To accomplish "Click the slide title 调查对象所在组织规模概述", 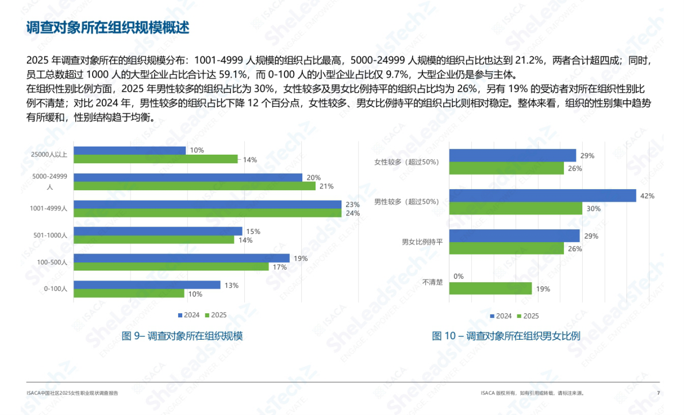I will pyautogui.click(x=108, y=28).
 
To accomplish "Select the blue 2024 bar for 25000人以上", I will pyautogui.click(x=130, y=151).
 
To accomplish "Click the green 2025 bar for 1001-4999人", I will pyautogui.click(x=207, y=213).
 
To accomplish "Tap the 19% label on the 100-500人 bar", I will pyautogui.click(x=301, y=259).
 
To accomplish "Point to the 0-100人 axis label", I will pyautogui.click(x=56, y=289).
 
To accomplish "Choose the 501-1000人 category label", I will pyautogui.click(x=51, y=235).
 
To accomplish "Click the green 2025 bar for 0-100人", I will pyautogui.click(x=129, y=294).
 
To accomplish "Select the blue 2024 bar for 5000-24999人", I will pyautogui.click(x=188, y=178).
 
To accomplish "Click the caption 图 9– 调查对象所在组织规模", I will pyautogui.click(x=182, y=336).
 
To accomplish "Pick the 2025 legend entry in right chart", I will pyautogui.click(x=527, y=316).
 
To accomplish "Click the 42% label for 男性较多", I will pyautogui.click(x=647, y=196).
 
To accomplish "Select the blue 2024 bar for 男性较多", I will pyautogui.click(x=543, y=195).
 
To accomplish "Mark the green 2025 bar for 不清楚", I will pyautogui.click(x=490, y=289).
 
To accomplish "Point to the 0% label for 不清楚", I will pyautogui.click(x=458, y=276).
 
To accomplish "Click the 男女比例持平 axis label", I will pyautogui.click(x=422, y=242).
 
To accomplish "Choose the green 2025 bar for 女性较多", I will pyautogui.click(x=506, y=168).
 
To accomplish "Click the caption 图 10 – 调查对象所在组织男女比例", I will pyautogui.click(x=506, y=336).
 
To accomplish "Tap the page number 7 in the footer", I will pyautogui.click(x=658, y=393).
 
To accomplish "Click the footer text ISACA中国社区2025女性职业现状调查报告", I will pyautogui.click(x=72, y=393).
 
